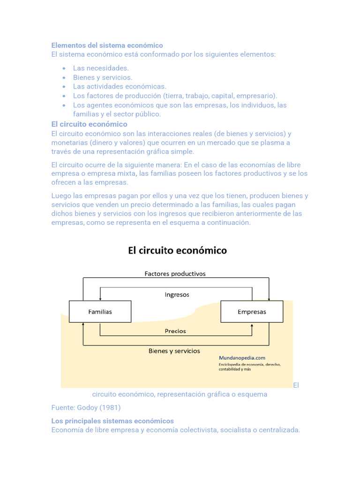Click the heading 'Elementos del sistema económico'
click(107, 45)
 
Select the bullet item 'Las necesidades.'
click(101, 68)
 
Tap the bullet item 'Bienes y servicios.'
click(103, 77)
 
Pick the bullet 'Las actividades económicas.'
click(120, 86)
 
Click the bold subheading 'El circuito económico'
click(89, 124)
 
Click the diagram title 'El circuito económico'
click(177, 251)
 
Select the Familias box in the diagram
click(100, 312)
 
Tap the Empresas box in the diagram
click(252, 312)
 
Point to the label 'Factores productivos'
click(175, 273)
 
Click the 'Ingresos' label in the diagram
click(177, 295)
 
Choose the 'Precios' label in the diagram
click(175, 331)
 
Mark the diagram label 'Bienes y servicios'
click(174, 351)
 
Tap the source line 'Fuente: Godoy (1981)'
click(86, 407)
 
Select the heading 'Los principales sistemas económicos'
click(112, 421)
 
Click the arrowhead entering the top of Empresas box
click(269, 299)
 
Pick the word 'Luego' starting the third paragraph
click(61, 196)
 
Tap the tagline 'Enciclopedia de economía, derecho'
click(249, 364)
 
